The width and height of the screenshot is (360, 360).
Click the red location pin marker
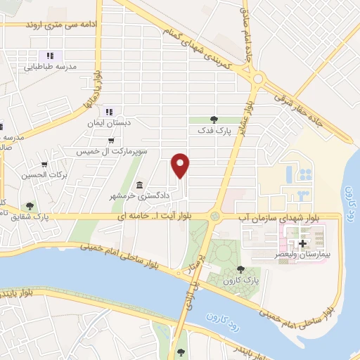[181, 165]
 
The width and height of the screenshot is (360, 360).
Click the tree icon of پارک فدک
[214, 120]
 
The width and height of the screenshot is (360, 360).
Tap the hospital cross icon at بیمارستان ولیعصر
[302, 244]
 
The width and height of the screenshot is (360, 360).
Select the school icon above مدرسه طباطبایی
[49, 56]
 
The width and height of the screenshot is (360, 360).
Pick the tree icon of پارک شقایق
[30, 206]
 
